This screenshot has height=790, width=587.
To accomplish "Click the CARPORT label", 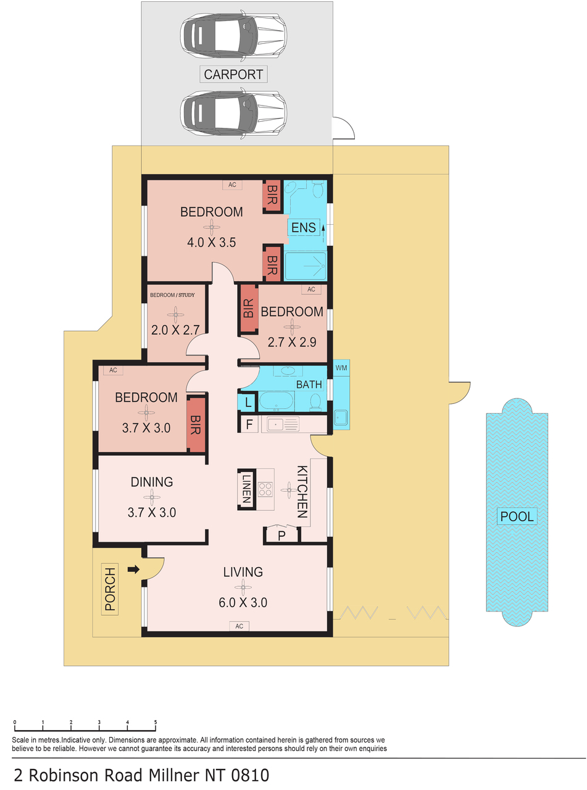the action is pyautogui.click(x=233, y=75).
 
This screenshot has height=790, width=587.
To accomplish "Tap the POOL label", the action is pyautogui.click(x=517, y=516).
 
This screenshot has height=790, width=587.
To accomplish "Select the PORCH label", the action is pyautogui.click(x=110, y=589).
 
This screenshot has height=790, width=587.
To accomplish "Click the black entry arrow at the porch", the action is pyautogui.click(x=133, y=569).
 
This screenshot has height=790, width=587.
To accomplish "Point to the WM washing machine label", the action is pyautogui.click(x=341, y=368).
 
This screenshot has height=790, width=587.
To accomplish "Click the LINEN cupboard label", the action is pyautogui.click(x=246, y=489).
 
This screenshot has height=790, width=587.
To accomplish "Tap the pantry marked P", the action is pyautogui.click(x=281, y=536).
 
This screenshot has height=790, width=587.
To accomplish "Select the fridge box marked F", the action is pyautogui.click(x=249, y=424).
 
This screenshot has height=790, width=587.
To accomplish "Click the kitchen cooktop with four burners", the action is pyautogui.click(x=265, y=489).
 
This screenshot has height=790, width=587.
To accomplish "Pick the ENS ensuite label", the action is pyautogui.click(x=303, y=227).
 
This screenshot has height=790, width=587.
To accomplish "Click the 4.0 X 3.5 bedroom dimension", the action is pyautogui.click(x=212, y=242).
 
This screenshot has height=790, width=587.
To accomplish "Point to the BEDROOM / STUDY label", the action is pyautogui.click(x=172, y=295).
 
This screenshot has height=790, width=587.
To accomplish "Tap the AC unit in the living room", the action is pyautogui.click(x=239, y=626).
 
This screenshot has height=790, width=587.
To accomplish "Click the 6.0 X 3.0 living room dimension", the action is pyautogui.click(x=243, y=602).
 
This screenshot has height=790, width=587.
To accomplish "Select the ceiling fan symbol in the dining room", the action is pyautogui.click(x=152, y=497).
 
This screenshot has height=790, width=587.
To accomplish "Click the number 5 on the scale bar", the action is pyautogui.click(x=156, y=722).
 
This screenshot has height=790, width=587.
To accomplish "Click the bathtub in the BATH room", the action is pyautogui.click(x=277, y=401).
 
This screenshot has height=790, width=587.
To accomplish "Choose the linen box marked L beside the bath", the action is pyautogui.click(x=248, y=403).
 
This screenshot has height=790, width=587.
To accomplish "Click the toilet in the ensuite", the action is pyautogui.click(x=318, y=189).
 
